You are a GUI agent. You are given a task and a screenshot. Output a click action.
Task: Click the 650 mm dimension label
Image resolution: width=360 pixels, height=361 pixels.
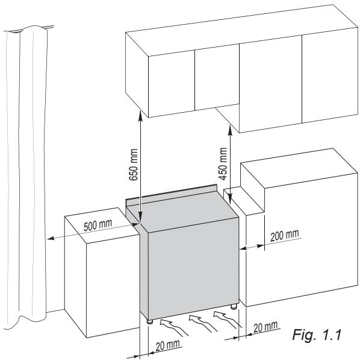coord(134,161)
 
